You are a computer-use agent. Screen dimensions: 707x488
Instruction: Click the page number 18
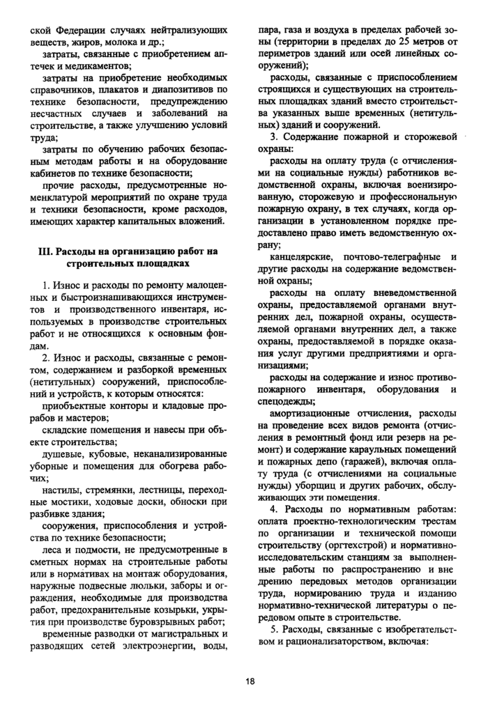(x=250, y=681)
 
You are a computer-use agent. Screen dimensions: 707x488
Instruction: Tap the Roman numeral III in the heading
(x=43, y=251)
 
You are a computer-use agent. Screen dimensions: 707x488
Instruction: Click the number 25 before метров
(x=399, y=45)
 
